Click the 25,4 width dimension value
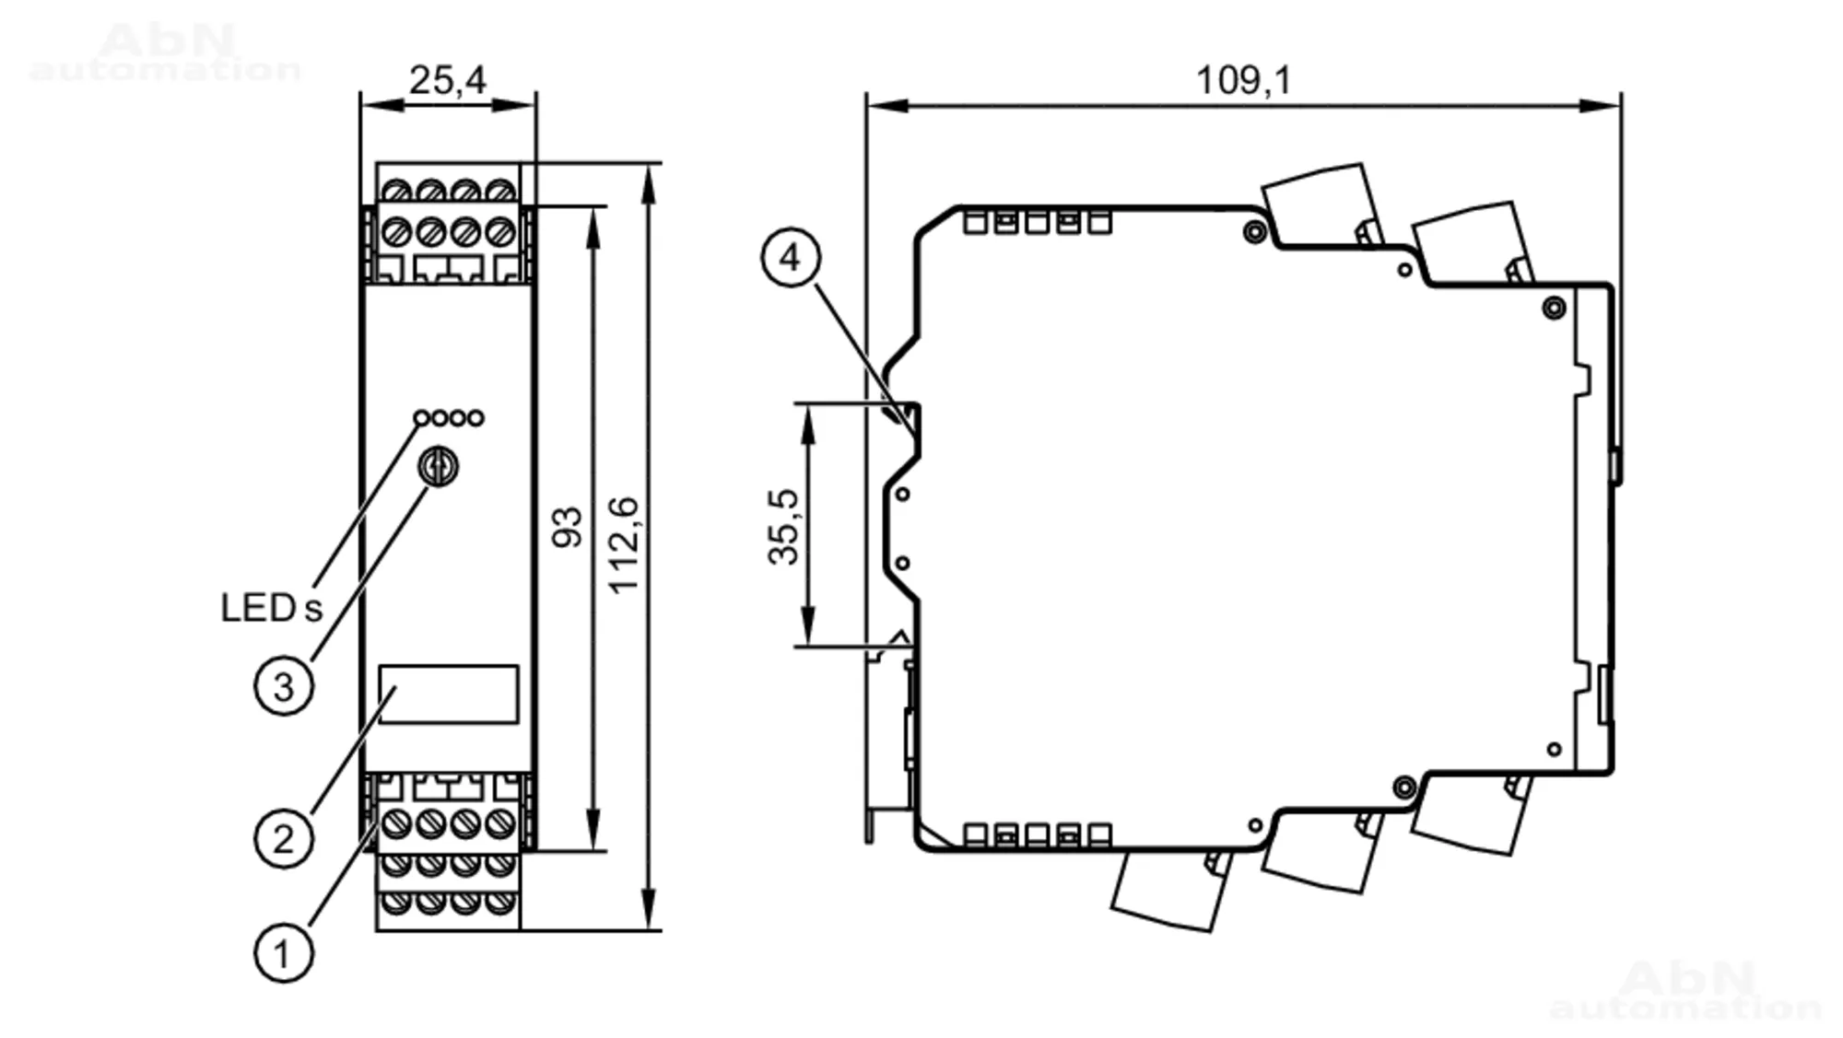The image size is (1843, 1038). [x=447, y=80]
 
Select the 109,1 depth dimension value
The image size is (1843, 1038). [x=1243, y=80]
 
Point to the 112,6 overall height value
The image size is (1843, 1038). [x=624, y=544]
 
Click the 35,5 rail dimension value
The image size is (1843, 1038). [x=783, y=527]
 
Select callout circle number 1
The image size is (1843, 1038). [x=284, y=952]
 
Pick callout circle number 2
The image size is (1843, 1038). [x=284, y=838]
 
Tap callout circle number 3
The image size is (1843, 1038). [x=284, y=686]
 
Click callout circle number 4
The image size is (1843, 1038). [x=791, y=257]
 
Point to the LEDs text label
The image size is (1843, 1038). [x=272, y=608]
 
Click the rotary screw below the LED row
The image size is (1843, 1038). [x=439, y=467]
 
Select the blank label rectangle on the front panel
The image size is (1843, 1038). [x=448, y=694]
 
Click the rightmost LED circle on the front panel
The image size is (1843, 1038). [x=475, y=418]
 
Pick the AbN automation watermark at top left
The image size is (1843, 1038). [x=166, y=52]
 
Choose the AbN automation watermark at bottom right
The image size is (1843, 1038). [x=1685, y=990]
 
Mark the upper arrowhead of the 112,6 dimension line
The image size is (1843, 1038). [x=649, y=180]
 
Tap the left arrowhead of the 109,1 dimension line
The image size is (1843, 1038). [x=885, y=106]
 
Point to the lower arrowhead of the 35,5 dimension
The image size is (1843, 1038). [x=808, y=631]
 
